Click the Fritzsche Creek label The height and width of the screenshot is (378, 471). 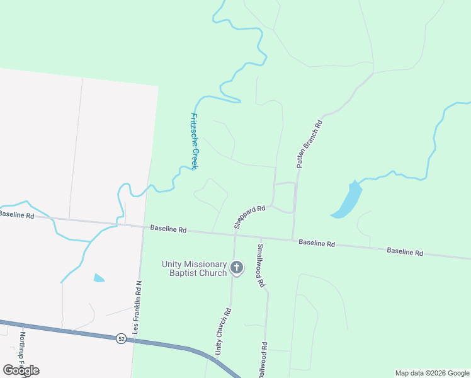tap(195, 140)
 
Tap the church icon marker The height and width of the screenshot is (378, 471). tap(237, 268)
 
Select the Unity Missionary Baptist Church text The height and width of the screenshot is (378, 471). tap(193, 268)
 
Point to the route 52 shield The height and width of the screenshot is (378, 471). tap(120, 339)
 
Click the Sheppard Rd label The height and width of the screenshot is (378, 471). tap(249, 215)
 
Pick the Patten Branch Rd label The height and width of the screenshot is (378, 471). tap(309, 144)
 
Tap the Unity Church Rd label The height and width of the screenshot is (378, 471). tap(224, 331)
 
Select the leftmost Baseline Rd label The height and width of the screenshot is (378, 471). tap(16, 214)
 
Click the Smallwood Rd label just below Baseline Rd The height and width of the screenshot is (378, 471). tap(260, 266)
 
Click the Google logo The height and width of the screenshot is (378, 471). tap(21, 370)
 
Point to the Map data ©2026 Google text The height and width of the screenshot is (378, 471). tap(432, 373)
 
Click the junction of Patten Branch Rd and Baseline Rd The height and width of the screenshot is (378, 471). tap(293, 239)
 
